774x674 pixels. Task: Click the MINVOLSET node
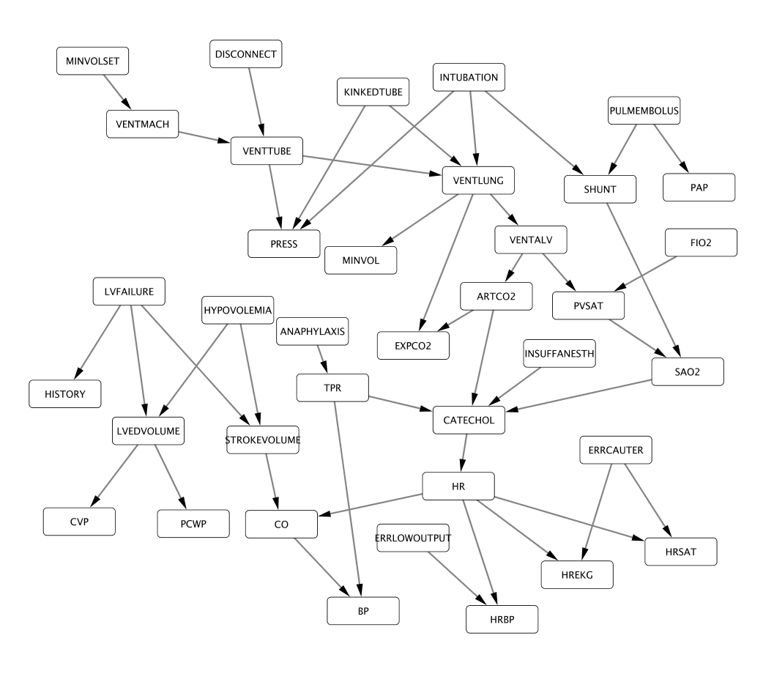(93, 60)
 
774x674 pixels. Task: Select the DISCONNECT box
(245, 54)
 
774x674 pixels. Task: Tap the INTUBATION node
(469, 77)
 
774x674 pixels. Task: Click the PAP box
(699, 187)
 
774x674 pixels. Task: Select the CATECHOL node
(469, 419)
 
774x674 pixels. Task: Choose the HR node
(459, 486)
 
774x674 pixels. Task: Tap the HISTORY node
(64, 393)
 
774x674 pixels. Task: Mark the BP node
(363, 610)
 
